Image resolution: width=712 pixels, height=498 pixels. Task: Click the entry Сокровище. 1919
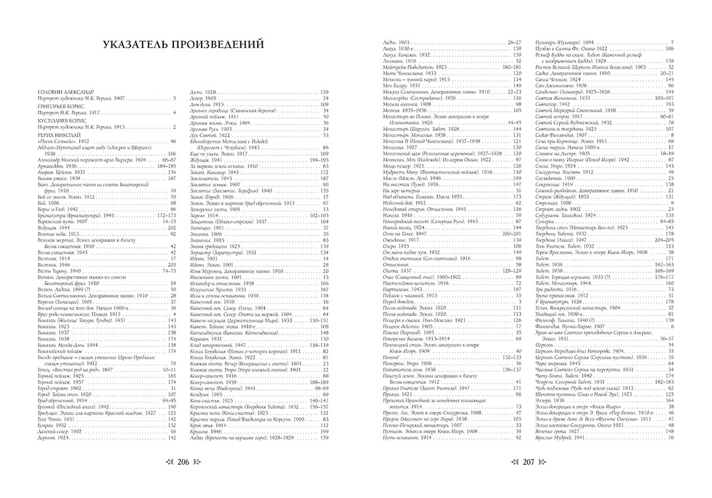(552, 184)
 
